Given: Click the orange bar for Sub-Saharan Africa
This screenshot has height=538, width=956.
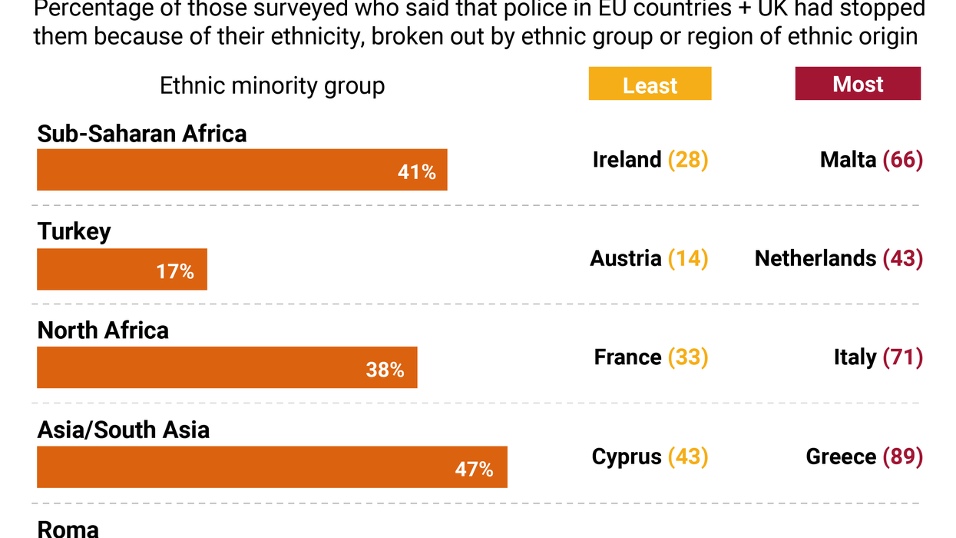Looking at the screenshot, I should point(242,170).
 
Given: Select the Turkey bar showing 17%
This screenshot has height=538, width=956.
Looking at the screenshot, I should point(122,269).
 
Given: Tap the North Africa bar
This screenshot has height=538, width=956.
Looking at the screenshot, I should point(227,367).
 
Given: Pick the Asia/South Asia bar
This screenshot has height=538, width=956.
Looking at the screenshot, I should point(272,467).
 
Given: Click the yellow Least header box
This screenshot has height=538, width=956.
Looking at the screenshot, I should point(650,84).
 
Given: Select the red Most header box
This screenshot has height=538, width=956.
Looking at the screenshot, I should point(858,84).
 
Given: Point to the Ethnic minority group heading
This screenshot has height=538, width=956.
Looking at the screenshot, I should point(272,85).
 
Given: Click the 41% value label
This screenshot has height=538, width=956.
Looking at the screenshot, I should point(416,172).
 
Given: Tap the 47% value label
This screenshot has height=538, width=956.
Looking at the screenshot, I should point(474,469).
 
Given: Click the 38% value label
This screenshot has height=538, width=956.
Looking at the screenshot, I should point(385,370).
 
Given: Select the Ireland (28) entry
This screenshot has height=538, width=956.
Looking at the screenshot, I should point(650,160).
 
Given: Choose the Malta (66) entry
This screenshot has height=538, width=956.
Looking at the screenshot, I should point(871,160).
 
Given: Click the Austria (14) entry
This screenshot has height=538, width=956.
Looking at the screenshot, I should point(649,258).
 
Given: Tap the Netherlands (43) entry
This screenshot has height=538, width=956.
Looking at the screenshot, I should point(839,258).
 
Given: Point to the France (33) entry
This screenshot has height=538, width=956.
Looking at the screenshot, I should point(650,357).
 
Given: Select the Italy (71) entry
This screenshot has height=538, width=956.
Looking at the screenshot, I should point(878,357).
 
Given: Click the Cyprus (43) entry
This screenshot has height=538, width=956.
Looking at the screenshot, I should point(650,457).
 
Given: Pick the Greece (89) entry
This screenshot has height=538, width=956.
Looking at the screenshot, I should point(864,457).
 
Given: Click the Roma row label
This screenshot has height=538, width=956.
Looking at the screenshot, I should point(68,529).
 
